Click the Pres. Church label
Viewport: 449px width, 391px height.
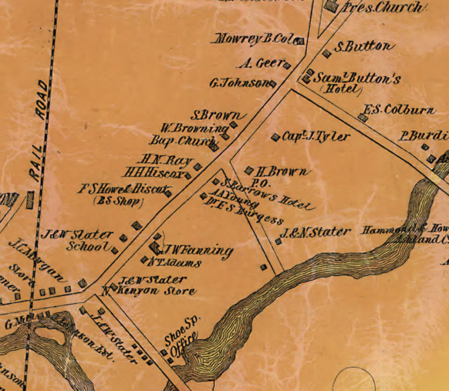click(381, 7)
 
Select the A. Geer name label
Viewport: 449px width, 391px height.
click(261, 64)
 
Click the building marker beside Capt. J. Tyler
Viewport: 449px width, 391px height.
click(275, 137)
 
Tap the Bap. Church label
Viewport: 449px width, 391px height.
click(181, 141)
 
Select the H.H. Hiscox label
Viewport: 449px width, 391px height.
click(154, 173)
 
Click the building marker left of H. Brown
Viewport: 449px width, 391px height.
click(249, 170)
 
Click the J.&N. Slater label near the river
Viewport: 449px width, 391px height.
click(315, 232)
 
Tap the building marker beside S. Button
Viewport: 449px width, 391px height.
click(326, 54)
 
